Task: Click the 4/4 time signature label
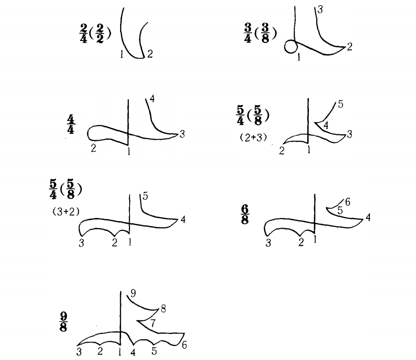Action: [x=70, y=124]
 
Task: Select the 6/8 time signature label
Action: [x=245, y=215]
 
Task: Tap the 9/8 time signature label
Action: [x=63, y=322]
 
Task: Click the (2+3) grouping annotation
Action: [x=254, y=137]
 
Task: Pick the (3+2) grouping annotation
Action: [x=66, y=212]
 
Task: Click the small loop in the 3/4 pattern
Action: [x=291, y=47]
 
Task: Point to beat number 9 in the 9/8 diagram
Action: [x=133, y=293]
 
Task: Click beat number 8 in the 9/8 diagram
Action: [x=163, y=309]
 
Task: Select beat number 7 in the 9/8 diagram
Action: [x=153, y=323]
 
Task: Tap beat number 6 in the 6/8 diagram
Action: [x=348, y=202]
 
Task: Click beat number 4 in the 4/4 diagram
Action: [x=152, y=99]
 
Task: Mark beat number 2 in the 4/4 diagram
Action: [x=93, y=148]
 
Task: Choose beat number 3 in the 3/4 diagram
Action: [x=320, y=9]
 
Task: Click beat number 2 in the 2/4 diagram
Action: [x=150, y=54]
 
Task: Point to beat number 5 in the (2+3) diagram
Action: [x=341, y=104]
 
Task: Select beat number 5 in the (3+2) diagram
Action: [x=145, y=196]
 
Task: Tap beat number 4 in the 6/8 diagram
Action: [x=368, y=218]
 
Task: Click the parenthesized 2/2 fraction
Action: [x=100, y=33]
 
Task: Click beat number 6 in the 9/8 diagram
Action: [x=184, y=345]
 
